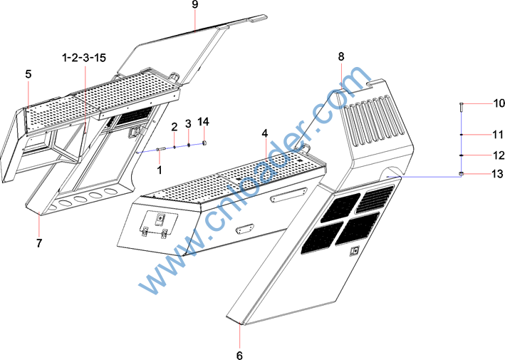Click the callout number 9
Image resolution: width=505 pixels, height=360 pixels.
coord(195,4)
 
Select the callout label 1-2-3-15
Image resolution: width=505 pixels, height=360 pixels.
coord(84,58)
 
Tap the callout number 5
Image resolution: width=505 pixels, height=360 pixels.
coord(28,74)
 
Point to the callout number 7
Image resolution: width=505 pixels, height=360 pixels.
coord(39,243)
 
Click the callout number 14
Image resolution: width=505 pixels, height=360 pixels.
coord(203,122)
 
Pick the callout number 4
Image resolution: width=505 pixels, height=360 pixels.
coord(264,133)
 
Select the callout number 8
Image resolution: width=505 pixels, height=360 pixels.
coord(341,57)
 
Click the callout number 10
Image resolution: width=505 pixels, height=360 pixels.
coord(499,103)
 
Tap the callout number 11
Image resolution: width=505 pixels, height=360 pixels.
coord(499,135)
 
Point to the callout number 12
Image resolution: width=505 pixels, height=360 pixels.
coord(499,155)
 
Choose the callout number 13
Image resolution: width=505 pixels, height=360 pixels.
coord(499,174)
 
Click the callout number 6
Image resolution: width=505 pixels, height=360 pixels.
coord(239,356)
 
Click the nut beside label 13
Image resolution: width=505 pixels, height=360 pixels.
coord(461,175)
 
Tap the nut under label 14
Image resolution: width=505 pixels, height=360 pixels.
coord(204,143)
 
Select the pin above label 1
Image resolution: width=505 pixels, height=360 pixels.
coord(160,149)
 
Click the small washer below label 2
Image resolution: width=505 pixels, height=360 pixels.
coord(175,147)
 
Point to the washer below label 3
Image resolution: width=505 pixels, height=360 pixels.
coord(189,145)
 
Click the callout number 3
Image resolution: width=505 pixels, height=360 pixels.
coord(188,124)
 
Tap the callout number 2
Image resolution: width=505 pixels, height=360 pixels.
coord(175,127)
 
